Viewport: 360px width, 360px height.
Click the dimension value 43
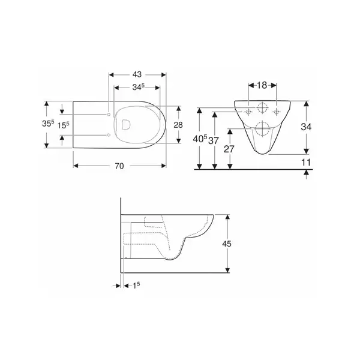[137, 74]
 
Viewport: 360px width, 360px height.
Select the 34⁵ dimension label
[138, 87]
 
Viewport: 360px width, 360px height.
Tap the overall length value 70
[119, 166]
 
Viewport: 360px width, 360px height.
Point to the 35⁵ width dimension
[48, 124]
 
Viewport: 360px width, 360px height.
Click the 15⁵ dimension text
[63, 125]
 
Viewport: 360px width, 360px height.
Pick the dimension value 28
[178, 125]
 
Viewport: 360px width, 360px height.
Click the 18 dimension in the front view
[262, 85]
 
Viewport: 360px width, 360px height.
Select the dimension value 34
[306, 127]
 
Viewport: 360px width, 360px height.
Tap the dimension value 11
[306, 163]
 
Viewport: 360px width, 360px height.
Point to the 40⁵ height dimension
[200, 139]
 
